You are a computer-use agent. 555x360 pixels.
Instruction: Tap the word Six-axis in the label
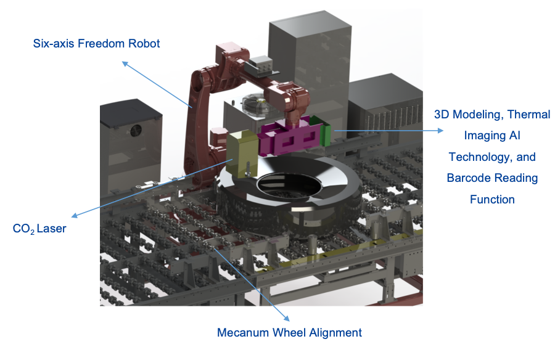click(x=53, y=44)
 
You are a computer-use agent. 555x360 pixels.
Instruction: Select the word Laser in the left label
click(x=51, y=229)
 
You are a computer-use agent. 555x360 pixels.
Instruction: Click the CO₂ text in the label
click(x=23, y=229)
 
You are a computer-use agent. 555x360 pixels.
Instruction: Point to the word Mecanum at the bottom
click(x=241, y=333)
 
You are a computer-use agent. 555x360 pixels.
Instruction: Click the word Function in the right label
click(x=492, y=199)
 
